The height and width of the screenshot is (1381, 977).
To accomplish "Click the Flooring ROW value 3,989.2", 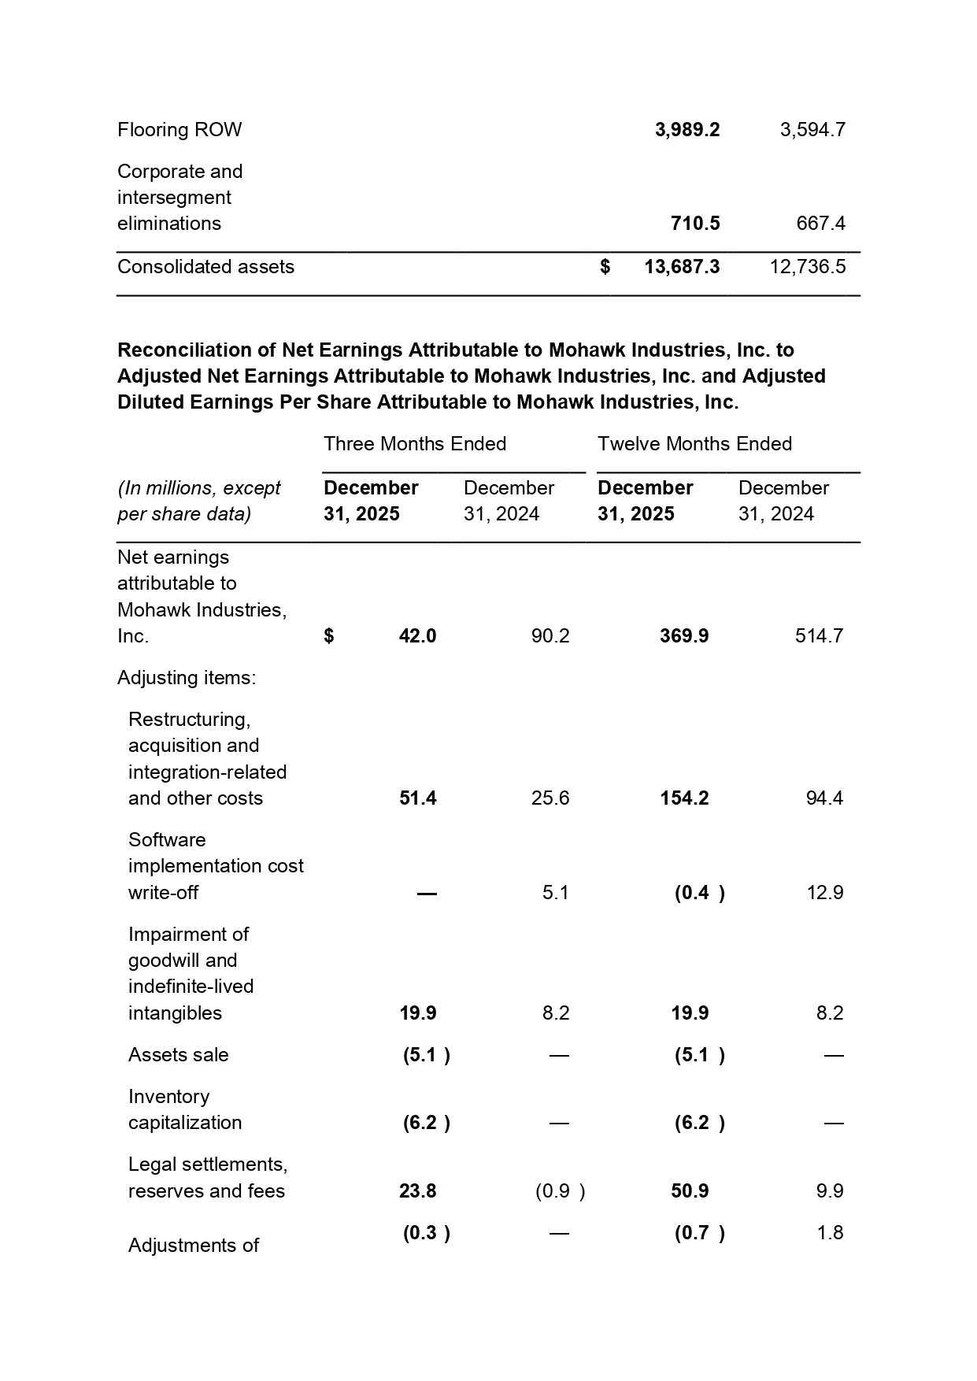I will coord(686,130).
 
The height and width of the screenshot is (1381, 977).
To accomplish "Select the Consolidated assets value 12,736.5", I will coord(807,267).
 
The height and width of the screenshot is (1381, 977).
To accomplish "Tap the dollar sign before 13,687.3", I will coord(605,267).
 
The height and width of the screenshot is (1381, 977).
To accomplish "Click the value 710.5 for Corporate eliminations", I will coord(695,224).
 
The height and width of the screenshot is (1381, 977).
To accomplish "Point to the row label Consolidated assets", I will coord(205,267).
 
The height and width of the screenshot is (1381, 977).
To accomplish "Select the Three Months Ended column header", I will coord(414,444).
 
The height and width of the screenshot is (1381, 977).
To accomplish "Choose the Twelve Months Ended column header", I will coord(694,444).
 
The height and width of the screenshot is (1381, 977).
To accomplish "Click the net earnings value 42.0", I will coord(417,636).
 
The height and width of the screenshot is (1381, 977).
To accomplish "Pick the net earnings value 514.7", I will coord(819,636).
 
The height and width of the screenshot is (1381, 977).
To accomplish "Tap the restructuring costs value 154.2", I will coord(684,798).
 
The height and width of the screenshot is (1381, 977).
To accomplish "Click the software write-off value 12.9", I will coord(825,893).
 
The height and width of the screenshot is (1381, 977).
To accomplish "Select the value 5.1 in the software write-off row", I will coord(555,893).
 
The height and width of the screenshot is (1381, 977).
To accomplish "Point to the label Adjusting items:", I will coord(187,678).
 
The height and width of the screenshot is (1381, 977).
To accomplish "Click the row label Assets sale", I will coord(178,1055).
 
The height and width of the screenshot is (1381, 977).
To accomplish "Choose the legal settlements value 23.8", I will coord(417,1191).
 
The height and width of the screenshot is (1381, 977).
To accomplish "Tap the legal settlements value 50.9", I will coord(690,1191).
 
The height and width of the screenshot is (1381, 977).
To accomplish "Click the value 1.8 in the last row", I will coord(830,1233).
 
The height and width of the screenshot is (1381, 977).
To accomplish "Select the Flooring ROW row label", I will coord(179,130).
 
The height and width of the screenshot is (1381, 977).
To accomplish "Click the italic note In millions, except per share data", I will coord(198,501).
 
